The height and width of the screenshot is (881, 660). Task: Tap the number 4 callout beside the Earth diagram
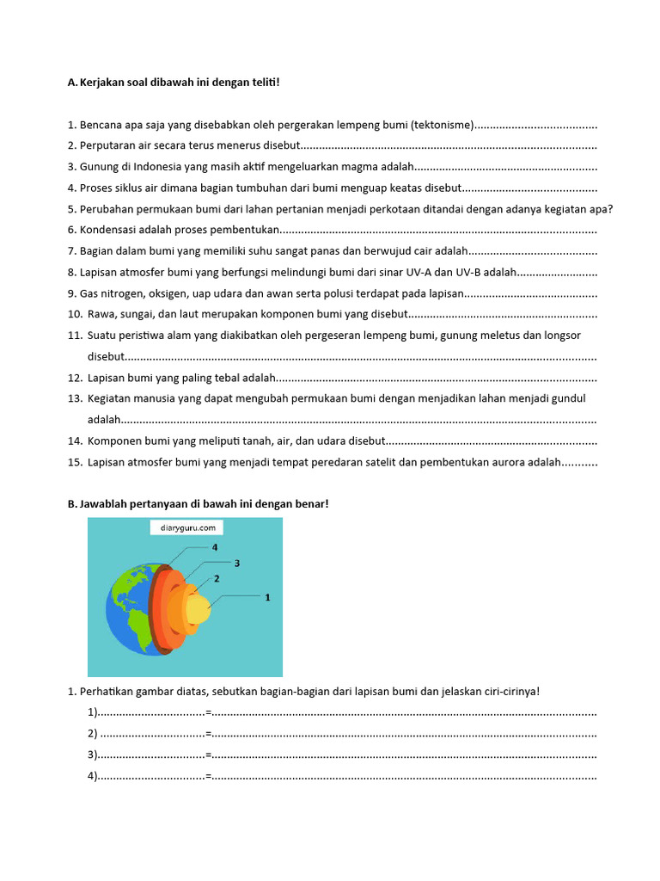coord(215,547)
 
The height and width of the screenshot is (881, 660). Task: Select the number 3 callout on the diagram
coord(236,563)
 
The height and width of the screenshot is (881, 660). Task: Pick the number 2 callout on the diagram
coord(217,578)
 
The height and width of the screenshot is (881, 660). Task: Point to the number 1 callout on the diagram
coord(267,596)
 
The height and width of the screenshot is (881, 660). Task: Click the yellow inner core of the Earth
coord(199,609)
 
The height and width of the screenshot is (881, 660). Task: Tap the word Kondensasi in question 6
coord(107,230)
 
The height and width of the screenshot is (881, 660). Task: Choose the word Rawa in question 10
coord(101,314)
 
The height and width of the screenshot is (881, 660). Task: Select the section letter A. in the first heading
coord(72,83)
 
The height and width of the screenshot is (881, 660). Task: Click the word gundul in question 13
coord(570,398)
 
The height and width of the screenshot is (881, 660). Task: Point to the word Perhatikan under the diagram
coord(107,692)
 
